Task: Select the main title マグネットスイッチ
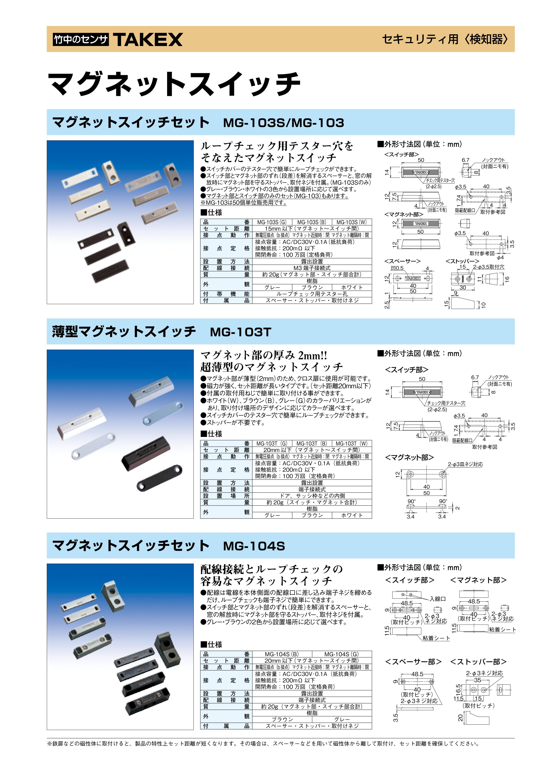(x=174, y=84)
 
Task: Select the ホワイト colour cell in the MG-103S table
(x=352, y=287)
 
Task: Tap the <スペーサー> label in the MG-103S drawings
(x=402, y=261)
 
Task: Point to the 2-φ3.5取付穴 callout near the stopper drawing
(x=489, y=267)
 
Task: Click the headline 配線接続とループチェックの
(x=271, y=569)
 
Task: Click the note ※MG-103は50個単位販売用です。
(x=243, y=203)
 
